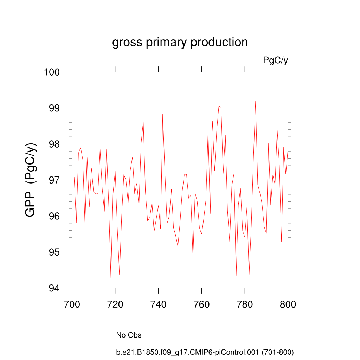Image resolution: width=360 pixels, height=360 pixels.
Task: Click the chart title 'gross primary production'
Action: point(180,42)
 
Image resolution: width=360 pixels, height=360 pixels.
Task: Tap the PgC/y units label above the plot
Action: point(276,60)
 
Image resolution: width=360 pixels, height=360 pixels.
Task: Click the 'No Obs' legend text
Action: point(129,335)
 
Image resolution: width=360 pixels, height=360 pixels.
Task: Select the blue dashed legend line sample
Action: point(88,335)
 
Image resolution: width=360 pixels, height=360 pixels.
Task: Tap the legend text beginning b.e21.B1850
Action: point(205,352)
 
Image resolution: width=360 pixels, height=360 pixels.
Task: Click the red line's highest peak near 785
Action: point(256,101)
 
